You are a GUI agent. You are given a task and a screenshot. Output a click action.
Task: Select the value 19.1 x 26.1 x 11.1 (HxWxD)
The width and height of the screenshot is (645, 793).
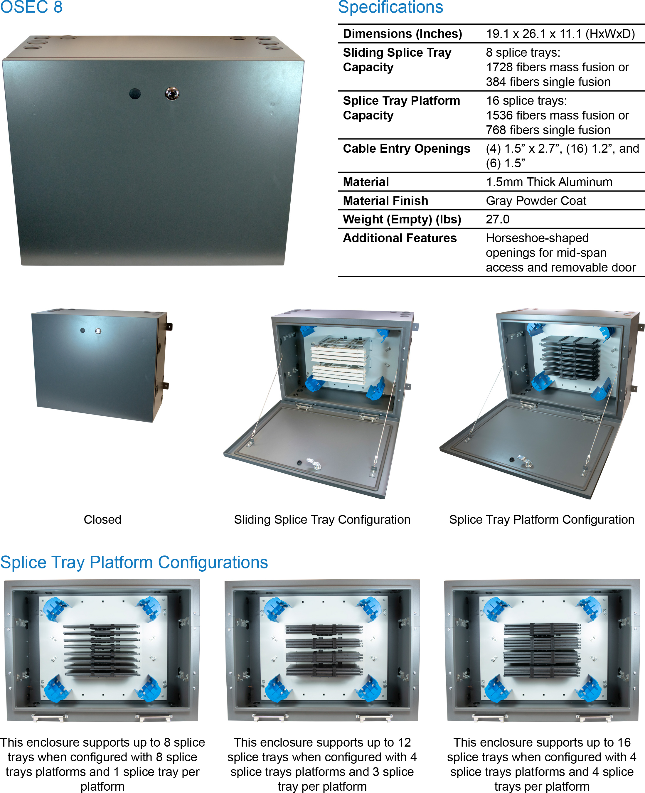(x=560, y=34)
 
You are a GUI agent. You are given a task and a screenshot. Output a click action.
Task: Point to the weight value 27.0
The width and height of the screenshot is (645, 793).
(x=498, y=219)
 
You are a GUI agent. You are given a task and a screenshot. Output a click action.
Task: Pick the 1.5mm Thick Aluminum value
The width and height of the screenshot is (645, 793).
(x=549, y=182)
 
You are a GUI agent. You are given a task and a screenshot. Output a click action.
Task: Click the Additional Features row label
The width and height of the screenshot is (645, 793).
(x=399, y=238)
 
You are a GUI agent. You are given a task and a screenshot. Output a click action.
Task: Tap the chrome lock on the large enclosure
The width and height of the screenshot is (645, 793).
(x=172, y=93)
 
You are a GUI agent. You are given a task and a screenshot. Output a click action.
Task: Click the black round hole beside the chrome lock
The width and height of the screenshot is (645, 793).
(x=135, y=93)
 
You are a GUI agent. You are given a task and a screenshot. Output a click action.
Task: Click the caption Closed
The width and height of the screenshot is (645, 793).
(x=102, y=519)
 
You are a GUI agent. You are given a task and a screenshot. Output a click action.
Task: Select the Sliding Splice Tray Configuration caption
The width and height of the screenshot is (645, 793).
(x=322, y=519)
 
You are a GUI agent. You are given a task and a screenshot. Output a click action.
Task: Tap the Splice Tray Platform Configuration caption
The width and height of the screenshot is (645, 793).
(x=542, y=519)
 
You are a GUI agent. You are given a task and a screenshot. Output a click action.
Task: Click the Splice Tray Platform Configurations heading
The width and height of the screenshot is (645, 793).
(x=134, y=562)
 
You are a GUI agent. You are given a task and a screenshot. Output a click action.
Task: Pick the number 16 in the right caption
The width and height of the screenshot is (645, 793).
(x=624, y=742)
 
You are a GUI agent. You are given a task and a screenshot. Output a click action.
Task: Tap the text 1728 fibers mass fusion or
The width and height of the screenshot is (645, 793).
(x=557, y=67)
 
